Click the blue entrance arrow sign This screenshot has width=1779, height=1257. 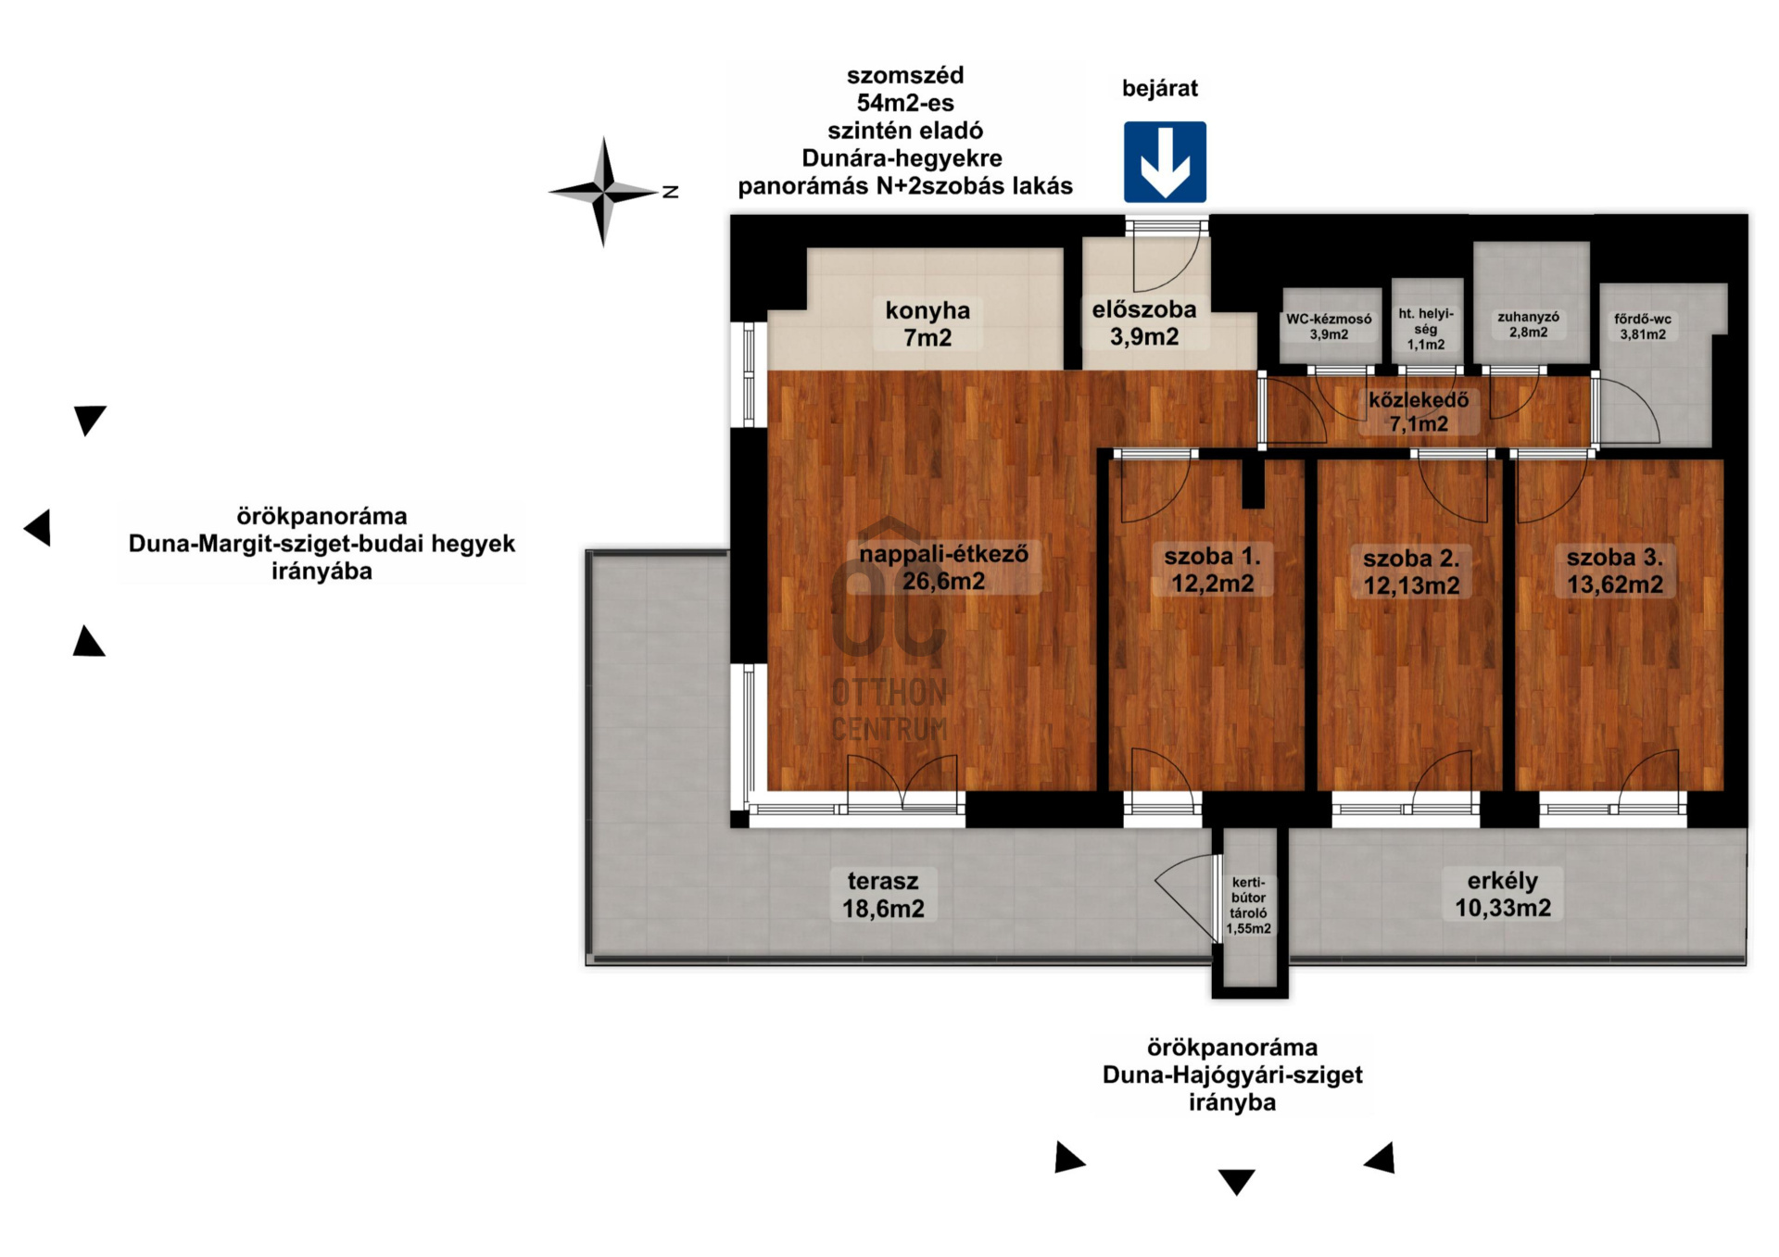click(x=1165, y=162)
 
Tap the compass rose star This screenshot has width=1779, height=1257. click(x=603, y=192)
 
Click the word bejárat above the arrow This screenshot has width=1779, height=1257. click(x=1160, y=89)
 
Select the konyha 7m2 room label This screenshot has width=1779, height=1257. click(x=927, y=324)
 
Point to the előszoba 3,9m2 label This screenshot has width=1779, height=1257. click(x=1144, y=323)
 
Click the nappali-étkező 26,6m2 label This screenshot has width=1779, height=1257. click(x=943, y=568)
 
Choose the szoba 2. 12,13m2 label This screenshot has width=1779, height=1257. click(x=1411, y=572)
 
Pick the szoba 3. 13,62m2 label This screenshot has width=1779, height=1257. click(x=1615, y=571)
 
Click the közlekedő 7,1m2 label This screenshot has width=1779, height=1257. click(x=1419, y=412)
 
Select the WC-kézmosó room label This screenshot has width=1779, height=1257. click(x=1329, y=327)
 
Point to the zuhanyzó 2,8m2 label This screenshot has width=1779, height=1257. click(x=1528, y=324)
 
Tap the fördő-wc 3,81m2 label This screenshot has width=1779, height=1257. click(x=1643, y=327)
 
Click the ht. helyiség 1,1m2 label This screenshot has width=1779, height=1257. click(x=1426, y=329)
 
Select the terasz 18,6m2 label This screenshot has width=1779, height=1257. click(x=883, y=895)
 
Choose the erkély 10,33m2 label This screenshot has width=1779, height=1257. click(x=1503, y=895)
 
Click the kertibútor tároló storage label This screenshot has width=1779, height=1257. click(x=1249, y=906)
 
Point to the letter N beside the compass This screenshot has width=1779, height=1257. click(x=671, y=192)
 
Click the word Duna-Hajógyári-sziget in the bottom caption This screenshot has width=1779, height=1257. click(x=1232, y=1075)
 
